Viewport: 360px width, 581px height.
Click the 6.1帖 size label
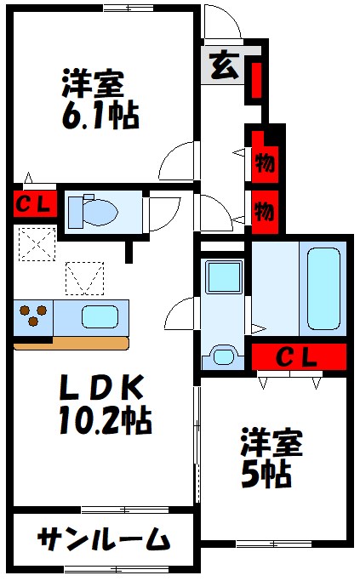coord(100,117)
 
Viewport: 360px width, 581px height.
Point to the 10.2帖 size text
coord(105,419)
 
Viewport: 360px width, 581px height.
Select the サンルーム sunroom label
coord(103,539)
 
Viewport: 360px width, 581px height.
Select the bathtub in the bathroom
coord(323,288)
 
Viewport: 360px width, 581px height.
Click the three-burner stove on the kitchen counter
coord(33,316)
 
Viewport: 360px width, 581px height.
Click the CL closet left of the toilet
coord(35,204)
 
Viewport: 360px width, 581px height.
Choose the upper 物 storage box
coord(265,162)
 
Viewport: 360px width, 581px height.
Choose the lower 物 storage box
coord(265,208)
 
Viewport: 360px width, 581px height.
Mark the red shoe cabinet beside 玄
coord(254,79)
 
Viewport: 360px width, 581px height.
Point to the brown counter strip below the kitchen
coord(71,344)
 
